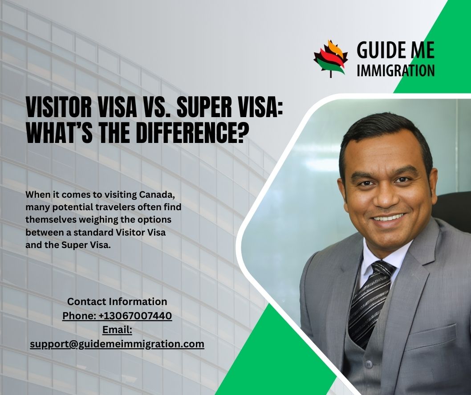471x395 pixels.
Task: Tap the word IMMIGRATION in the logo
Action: (396, 70)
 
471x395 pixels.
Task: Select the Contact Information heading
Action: (117, 301)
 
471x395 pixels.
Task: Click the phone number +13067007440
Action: (135, 316)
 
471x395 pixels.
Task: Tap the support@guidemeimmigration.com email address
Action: (117, 344)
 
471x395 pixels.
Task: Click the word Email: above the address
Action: (117, 330)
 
